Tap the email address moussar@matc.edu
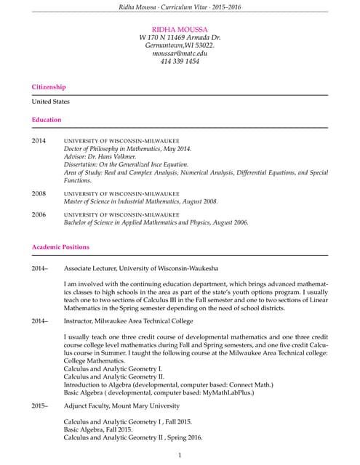coord(180,53)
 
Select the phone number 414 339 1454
coord(180,62)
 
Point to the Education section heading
coord(47,119)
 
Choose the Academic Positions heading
coord(60,248)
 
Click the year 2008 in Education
coord(39,194)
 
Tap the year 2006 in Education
coord(39,215)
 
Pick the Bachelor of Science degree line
coord(156,223)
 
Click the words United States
coord(50,102)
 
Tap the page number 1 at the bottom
coord(180,455)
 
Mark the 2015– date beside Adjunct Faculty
coord(39,405)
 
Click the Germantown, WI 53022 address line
coord(180,45)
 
